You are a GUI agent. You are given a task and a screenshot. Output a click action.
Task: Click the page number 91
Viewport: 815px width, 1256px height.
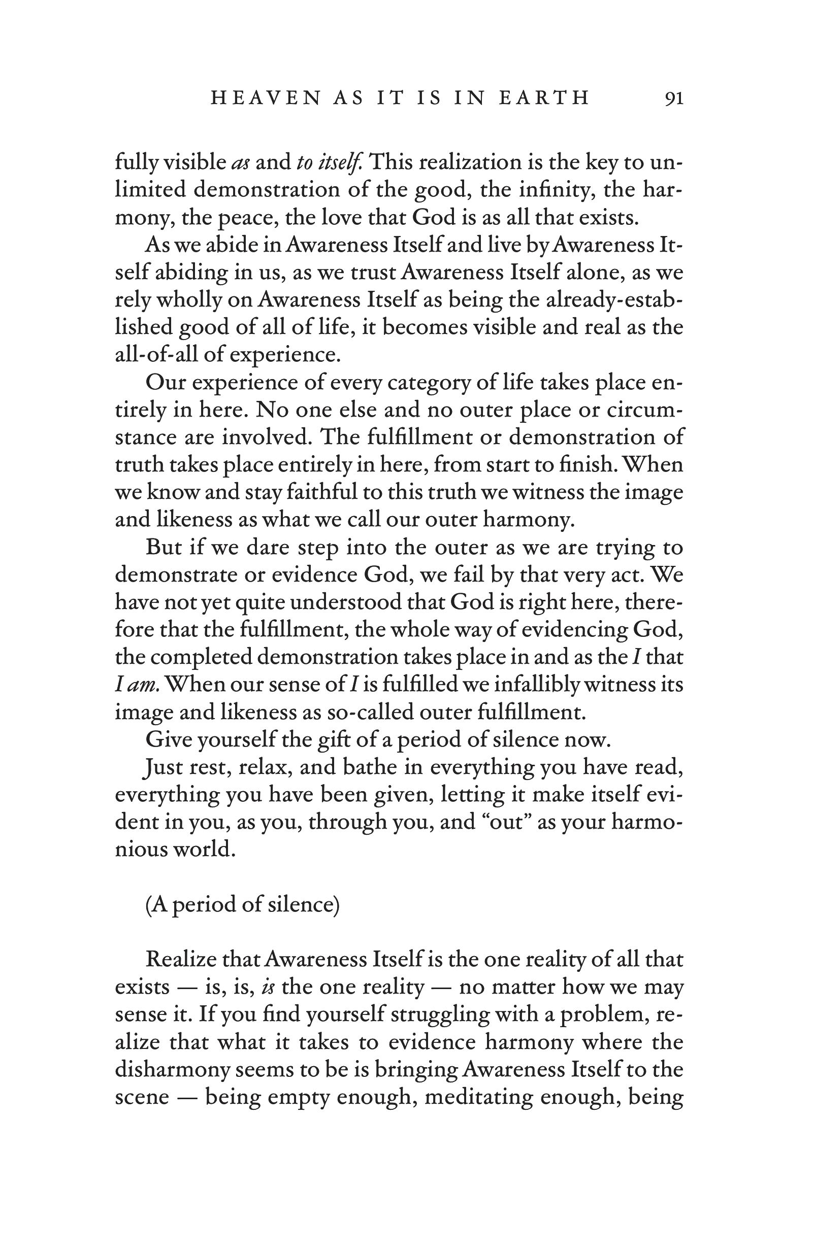click(674, 98)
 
